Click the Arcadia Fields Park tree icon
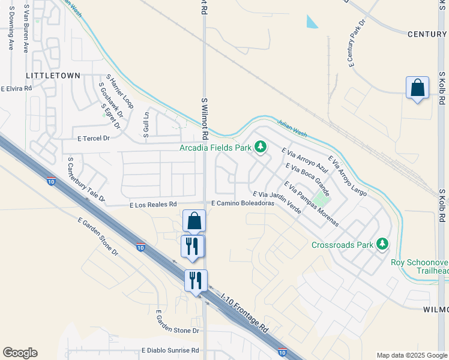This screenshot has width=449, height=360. pos(261,146)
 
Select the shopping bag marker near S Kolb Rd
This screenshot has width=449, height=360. pos(418,88)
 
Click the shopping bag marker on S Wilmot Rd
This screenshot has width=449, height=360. pos(194,221)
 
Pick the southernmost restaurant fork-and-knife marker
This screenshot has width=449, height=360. pos(196,280)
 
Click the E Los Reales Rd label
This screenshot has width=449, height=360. pos(153,205)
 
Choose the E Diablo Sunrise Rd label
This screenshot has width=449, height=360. pos(170,350)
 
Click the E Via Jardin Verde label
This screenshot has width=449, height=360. pos(277,203)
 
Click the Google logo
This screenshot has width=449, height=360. pos(20,353)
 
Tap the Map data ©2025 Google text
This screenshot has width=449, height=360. pos(412,355)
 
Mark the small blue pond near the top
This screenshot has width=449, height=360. pos(312,22)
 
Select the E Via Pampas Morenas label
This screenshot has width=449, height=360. pos(311,204)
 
